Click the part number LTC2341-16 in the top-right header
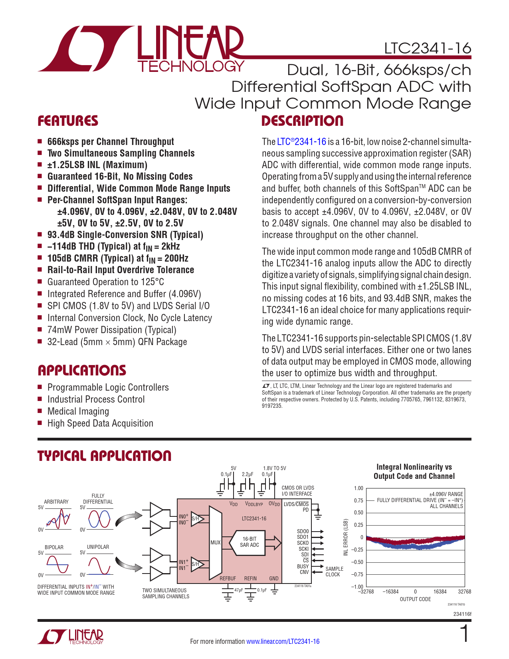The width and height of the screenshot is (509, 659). click(x=428, y=48)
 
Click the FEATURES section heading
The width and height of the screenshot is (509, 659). click(x=67, y=121)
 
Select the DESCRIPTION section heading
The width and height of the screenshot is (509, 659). click(x=302, y=121)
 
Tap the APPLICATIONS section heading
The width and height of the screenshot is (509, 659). click(x=82, y=371)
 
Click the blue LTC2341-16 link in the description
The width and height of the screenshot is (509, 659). click(x=301, y=142)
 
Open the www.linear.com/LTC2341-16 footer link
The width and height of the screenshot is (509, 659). click(x=283, y=641)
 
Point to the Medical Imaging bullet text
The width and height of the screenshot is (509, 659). click(x=78, y=411)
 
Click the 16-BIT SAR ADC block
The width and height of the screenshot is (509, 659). click(x=250, y=542)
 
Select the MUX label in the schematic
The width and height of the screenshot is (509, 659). click(x=215, y=542)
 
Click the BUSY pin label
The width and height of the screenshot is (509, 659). click(x=303, y=566)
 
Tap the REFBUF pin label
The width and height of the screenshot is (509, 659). click(x=228, y=578)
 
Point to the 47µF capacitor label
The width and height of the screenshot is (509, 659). click(x=239, y=590)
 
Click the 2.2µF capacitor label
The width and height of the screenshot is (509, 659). click(x=248, y=474)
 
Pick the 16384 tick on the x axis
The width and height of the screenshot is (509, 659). click(x=440, y=592)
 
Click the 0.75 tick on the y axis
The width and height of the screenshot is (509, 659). click(x=358, y=500)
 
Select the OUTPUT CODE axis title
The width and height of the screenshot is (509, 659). click(x=415, y=599)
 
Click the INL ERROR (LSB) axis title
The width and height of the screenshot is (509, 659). click(x=346, y=537)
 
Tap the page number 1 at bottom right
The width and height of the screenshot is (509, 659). click(x=464, y=634)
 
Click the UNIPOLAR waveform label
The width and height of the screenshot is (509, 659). click(x=98, y=547)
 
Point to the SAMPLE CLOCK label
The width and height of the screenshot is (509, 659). click(x=334, y=572)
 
